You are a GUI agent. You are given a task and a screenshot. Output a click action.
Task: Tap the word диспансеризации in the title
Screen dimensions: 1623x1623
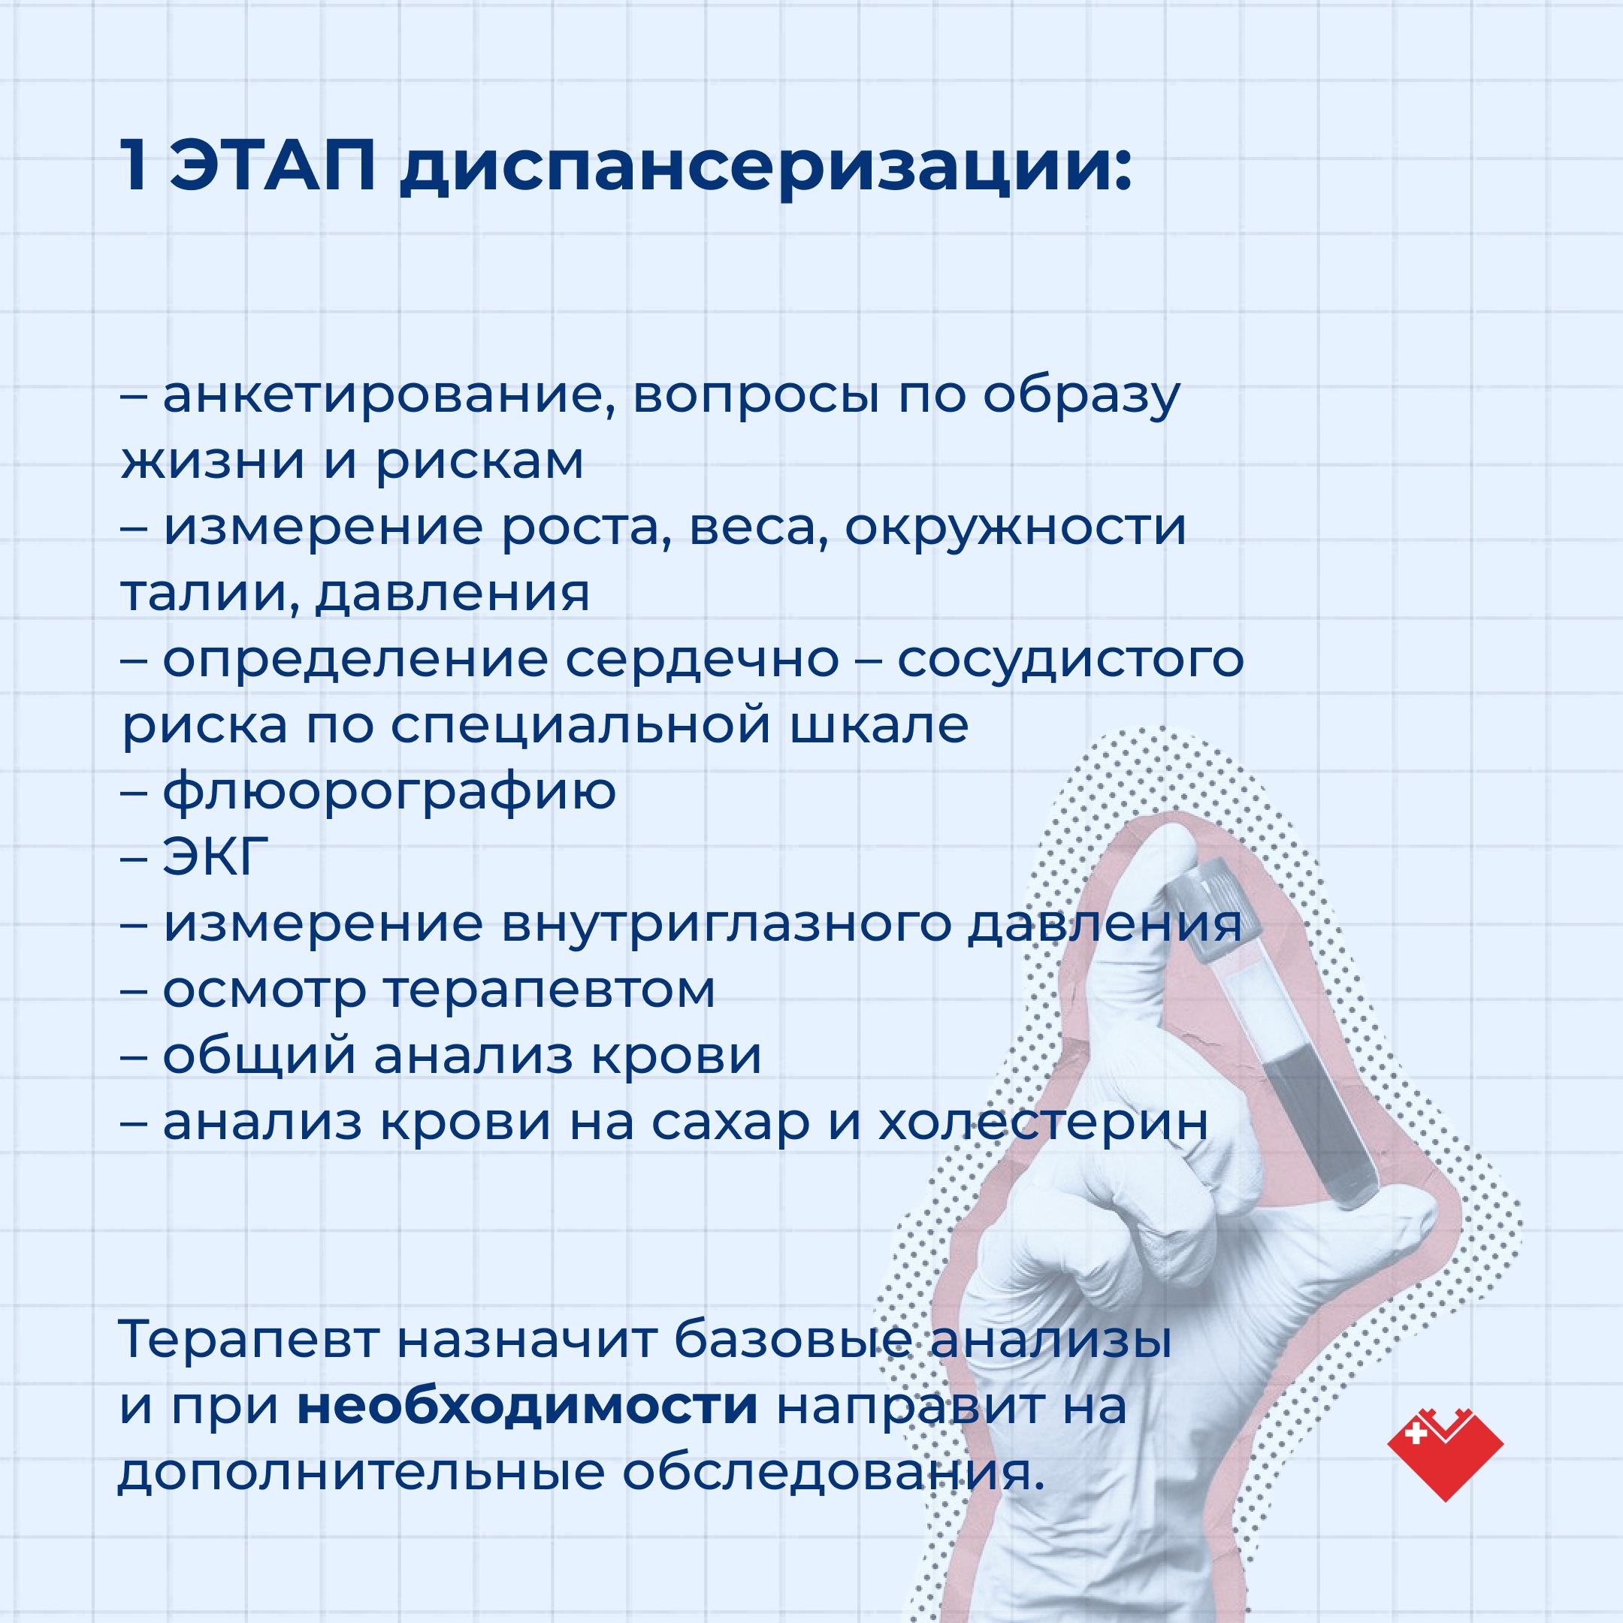[766, 168]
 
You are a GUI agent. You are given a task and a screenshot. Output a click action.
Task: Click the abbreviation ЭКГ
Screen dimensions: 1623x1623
[216, 856]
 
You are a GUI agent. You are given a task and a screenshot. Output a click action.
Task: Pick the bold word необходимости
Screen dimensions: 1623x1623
[527, 1407]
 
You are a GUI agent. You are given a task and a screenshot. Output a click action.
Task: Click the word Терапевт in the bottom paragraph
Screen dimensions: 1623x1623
[249, 1340]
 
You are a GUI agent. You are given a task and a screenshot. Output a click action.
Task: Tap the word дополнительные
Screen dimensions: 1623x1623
[361, 1474]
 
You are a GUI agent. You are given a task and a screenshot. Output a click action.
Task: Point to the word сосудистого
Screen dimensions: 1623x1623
[1070, 660]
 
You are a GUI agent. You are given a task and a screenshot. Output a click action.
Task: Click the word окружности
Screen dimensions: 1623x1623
[1015, 528]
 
